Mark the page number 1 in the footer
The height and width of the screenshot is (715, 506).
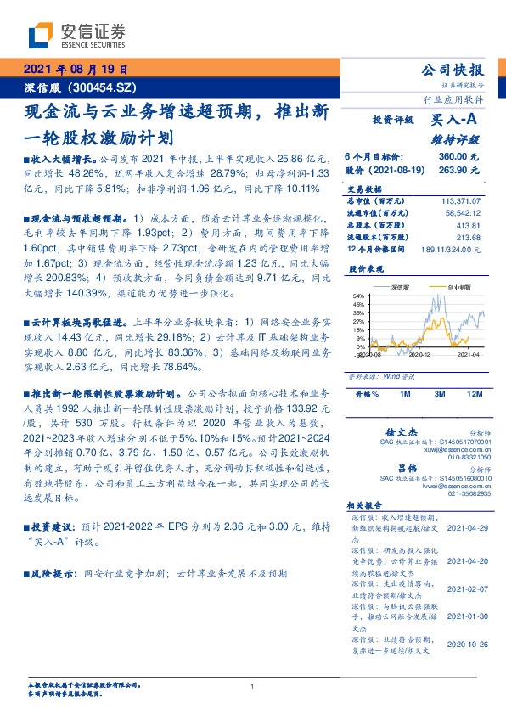point(253,686)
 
